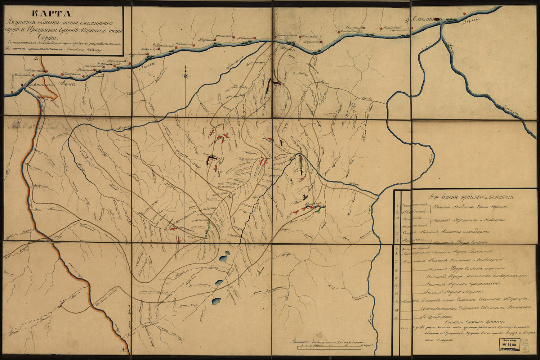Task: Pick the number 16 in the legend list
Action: tap(397, 317)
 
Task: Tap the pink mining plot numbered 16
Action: tap(62, 303)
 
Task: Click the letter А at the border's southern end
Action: tap(123, 350)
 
